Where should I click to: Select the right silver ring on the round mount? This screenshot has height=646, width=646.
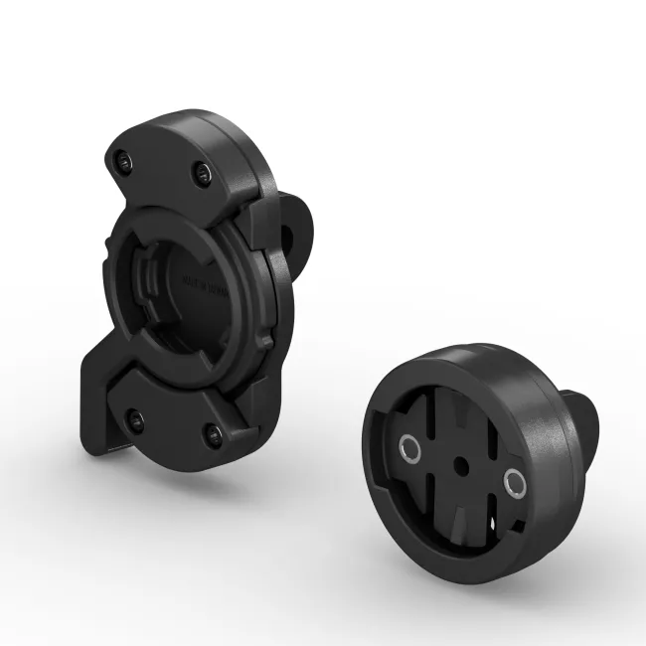514,484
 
